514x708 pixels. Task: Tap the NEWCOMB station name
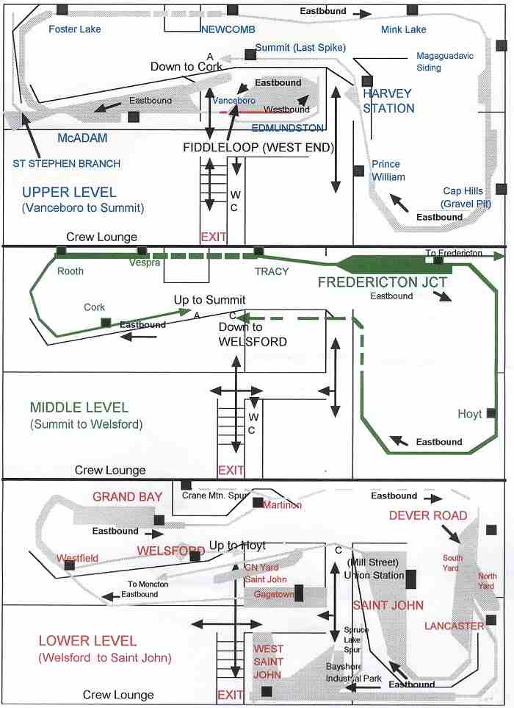click(x=228, y=29)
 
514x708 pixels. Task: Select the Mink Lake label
click(x=403, y=29)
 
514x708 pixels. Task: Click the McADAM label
click(x=83, y=138)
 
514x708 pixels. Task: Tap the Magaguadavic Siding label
click(x=439, y=62)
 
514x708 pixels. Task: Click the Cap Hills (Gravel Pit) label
click(x=463, y=196)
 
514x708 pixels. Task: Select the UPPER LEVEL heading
click(x=69, y=192)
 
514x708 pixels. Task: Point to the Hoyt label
click(x=470, y=414)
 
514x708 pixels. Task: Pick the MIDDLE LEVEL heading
click(x=79, y=407)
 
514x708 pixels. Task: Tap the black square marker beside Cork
click(x=106, y=322)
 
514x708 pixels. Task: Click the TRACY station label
click(x=271, y=271)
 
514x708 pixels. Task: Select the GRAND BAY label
click(x=127, y=497)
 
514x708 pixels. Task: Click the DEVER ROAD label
click(x=428, y=515)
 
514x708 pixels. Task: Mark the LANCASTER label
click(x=454, y=626)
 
